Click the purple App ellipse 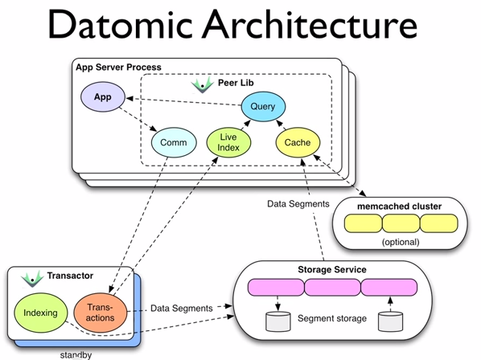coord(103,96)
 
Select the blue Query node coord(263,106)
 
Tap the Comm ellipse coord(174,142)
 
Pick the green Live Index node coord(228,142)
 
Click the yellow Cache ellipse coord(298,142)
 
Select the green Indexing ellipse coord(40,313)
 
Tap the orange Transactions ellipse coord(100,313)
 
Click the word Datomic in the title coord(121,25)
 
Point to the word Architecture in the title coord(310,25)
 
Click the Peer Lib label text coord(236,83)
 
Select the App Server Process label coord(118,67)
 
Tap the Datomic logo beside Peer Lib coord(203,85)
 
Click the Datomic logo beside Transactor coord(32,279)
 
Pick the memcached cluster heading coord(400,207)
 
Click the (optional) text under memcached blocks coord(401,242)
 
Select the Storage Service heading coord(332,270)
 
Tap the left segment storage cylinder coord(278,321)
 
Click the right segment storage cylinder coord(390,321)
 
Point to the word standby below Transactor coord(76,355)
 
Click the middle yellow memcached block coord(401,223)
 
